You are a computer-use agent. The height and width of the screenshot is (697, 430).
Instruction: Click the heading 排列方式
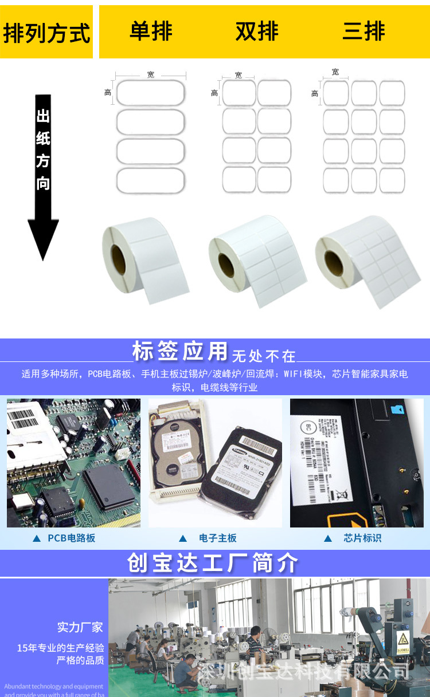click(46, 33)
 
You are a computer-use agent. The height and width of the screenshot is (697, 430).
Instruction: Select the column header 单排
click(151, 31)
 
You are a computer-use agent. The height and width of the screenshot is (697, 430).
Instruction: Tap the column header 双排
click(257, 31)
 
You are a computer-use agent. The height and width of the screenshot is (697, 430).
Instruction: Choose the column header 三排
click(363, 31)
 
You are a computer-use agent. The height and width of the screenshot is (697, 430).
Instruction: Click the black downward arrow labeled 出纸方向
click(44, 178)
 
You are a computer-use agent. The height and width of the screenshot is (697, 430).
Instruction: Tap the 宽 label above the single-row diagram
click(150, 74)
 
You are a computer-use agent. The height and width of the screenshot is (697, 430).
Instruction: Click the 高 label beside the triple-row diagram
click(315, 93)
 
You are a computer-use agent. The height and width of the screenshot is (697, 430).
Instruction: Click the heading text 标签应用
click(180, 351)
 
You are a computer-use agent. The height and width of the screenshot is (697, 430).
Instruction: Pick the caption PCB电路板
click(71, 538)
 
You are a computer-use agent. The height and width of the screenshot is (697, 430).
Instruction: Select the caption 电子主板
click(217, 538)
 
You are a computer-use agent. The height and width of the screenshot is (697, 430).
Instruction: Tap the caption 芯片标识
click(362, 538)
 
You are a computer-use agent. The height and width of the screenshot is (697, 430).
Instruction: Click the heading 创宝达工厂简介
click(213, 564)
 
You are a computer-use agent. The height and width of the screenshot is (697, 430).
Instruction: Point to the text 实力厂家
click(80, 627)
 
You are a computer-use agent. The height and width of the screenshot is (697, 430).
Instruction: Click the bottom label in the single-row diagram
click(151, 180)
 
